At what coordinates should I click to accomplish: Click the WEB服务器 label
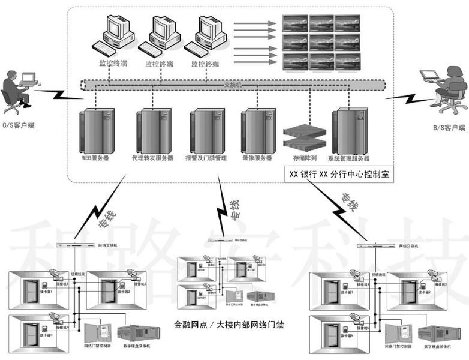[95, 158]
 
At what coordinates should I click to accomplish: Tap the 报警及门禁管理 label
[205, 158]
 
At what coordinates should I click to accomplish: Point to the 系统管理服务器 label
[348, 158]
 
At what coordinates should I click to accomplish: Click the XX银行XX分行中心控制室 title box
[339, 175]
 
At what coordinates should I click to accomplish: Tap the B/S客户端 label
[449, 127]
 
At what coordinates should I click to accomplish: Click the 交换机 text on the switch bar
[232, 84]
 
